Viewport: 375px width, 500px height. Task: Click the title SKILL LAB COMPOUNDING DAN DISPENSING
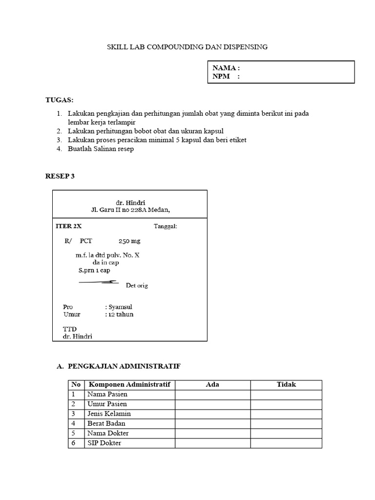coord(187,47)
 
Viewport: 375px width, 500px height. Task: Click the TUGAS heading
coord(59,100)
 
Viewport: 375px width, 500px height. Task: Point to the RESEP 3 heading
coord(60,176)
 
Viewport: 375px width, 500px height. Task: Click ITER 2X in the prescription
coord(69,227)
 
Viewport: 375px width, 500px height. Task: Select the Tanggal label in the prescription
coord(166,227)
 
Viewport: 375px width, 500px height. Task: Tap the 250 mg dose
coord(130,241)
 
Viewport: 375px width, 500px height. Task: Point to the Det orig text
coord(137,286)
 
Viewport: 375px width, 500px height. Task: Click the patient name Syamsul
coord(121,307)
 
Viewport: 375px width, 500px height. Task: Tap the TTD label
coord(70,329)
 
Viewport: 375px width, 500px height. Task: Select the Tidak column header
coord(286,385)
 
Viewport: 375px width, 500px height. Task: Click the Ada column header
coord(212,385)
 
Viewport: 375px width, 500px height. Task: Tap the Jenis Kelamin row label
coord(109,414)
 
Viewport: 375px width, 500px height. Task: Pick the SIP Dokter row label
coord(104,443)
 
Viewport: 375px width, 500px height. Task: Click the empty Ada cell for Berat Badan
coord(212,424)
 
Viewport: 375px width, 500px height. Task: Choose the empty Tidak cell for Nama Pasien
coord(286,395)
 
